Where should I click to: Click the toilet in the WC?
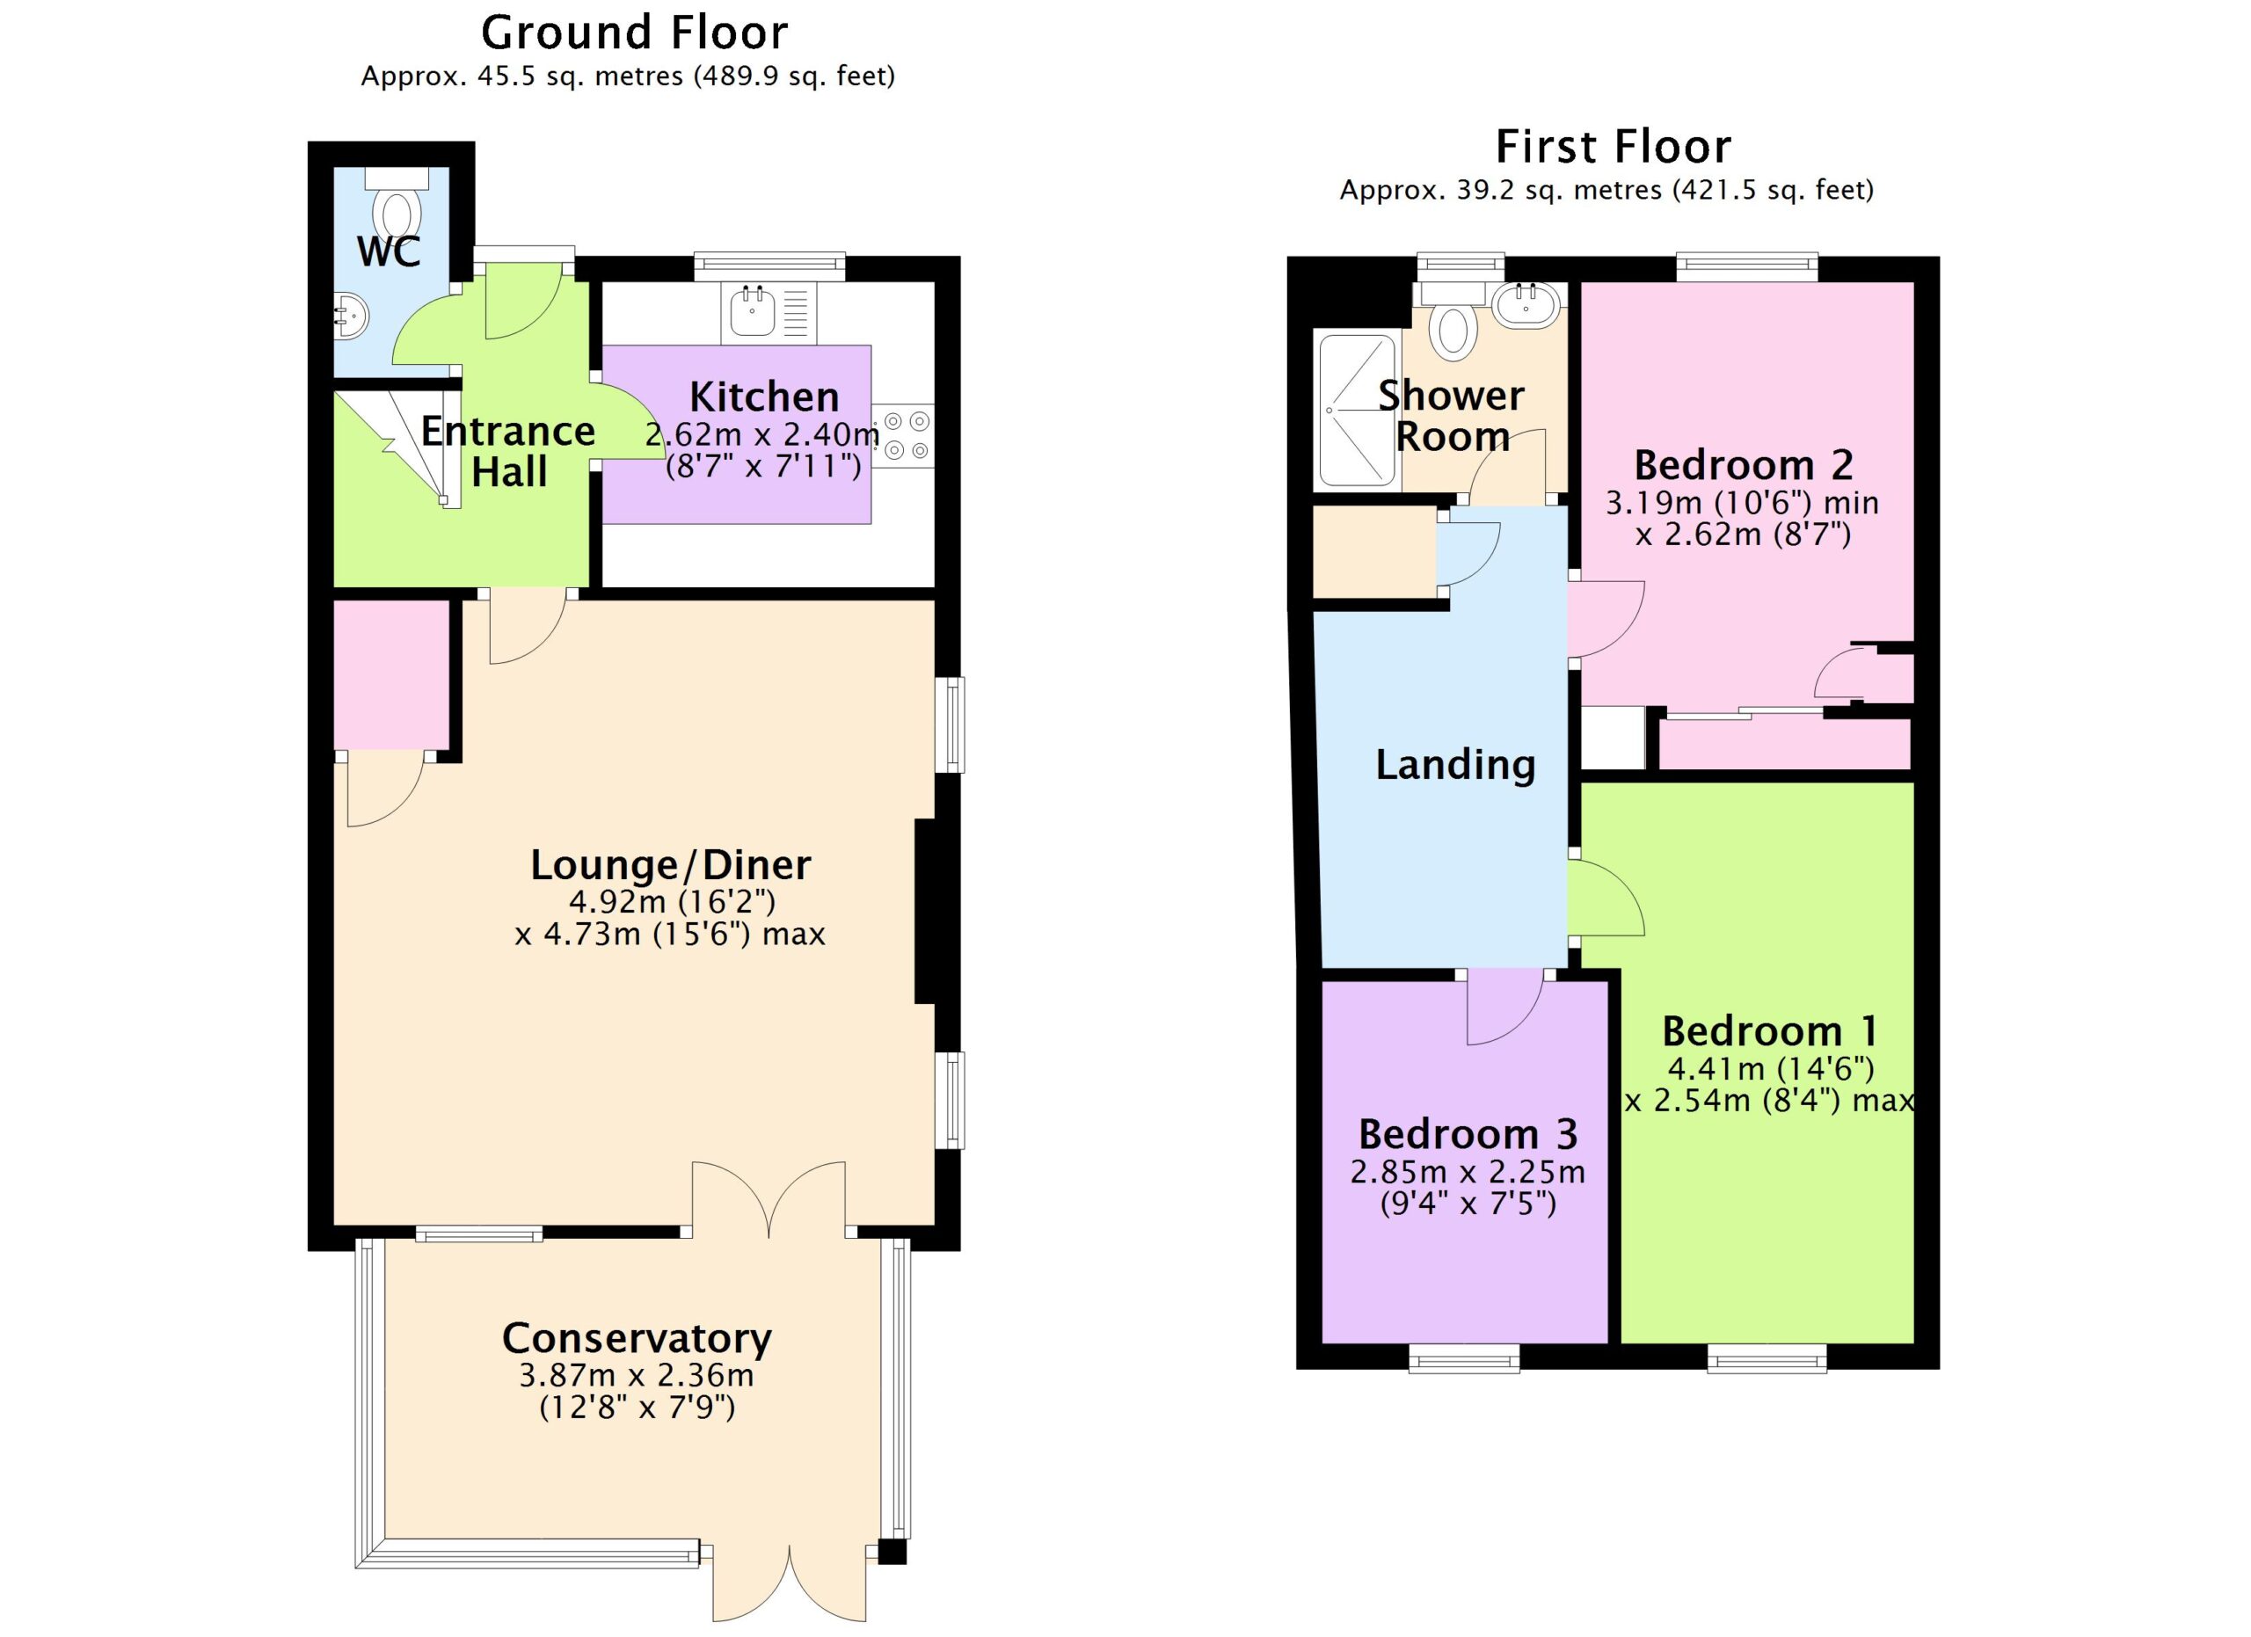(397, 203)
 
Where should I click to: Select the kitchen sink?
(753, 310)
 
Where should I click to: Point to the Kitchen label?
(764, 396)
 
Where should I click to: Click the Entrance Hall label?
(508, 451)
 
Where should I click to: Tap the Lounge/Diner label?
(671, 864)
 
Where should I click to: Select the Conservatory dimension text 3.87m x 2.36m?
(637, 1375)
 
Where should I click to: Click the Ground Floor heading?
(634, 33)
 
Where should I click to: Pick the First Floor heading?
(1614, 147)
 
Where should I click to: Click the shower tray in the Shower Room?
(1357, 411)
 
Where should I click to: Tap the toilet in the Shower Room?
(1453, 318)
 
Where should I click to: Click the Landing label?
(1456, 765)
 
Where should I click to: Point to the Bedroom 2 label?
(1744, 464)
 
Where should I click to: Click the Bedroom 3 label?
(1468, 1133)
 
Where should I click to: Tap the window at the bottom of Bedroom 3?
(1464, 1358)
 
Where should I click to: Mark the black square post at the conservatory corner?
(892, 1552)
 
